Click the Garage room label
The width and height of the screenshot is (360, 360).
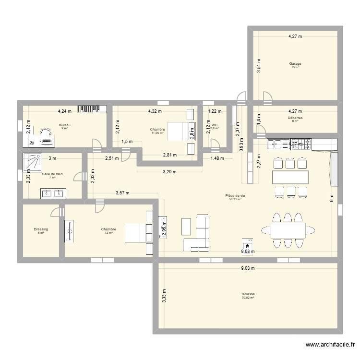295,63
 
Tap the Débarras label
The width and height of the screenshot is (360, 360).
295,117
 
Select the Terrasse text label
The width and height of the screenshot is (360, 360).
248,294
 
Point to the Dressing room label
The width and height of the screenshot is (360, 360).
41,229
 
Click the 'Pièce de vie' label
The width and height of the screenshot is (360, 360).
235,195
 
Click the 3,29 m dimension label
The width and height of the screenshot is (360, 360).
169,171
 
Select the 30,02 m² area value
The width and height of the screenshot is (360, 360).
248,298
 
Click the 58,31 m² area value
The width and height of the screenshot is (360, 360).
235,199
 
